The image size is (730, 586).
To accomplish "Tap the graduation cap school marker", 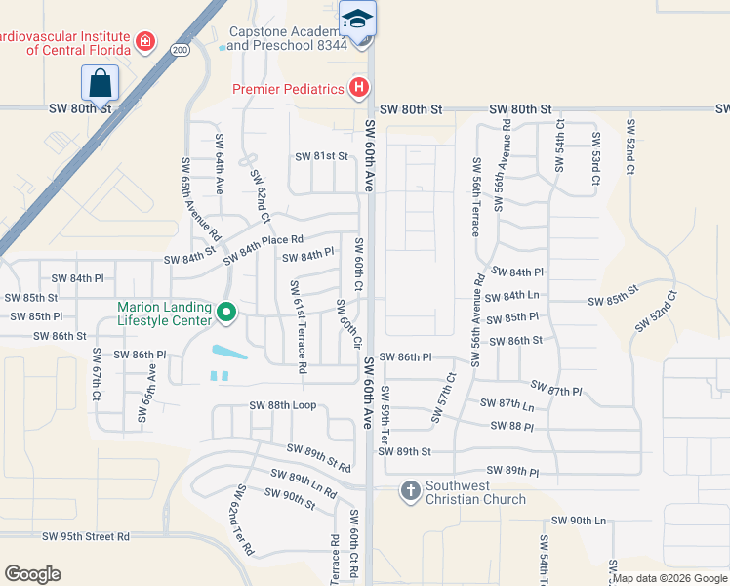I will coord(358,19).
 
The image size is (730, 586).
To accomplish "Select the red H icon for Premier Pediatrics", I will coord(359,89).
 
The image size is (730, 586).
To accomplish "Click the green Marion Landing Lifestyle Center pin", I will coord(227,313).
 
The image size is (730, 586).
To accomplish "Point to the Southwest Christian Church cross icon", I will coord(411,490).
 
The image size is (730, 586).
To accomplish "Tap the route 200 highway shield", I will coord(181,48).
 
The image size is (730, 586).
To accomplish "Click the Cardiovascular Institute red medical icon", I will coord(145,41).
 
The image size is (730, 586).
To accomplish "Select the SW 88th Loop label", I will coord(283,405).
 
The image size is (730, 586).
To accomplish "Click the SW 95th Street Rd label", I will coord(86,536).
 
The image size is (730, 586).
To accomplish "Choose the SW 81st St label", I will coord(322,156).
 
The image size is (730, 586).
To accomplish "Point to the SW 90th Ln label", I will coord(579,522).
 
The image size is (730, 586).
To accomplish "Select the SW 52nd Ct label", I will coord(630,146).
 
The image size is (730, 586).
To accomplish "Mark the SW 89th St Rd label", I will coord(318,453).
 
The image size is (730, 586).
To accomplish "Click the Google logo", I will coord(32,574).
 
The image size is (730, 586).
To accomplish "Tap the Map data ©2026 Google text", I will coord(669,578).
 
